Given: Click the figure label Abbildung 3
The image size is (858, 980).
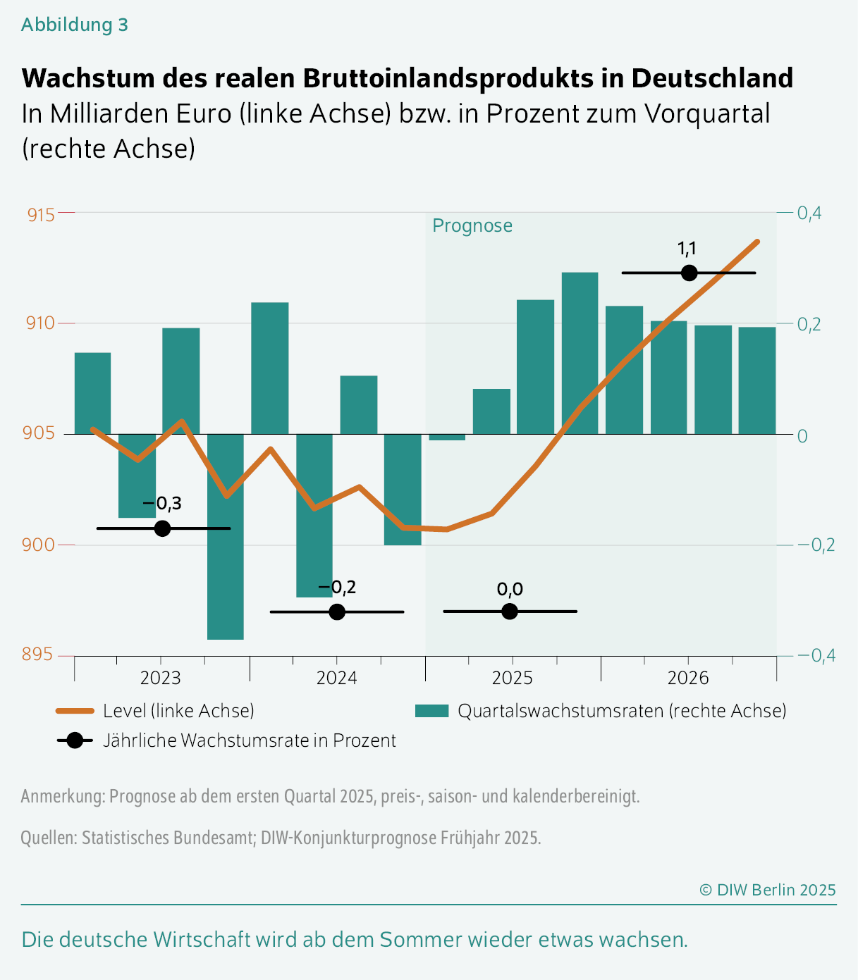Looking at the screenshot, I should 74,25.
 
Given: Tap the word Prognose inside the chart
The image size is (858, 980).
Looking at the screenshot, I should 472,225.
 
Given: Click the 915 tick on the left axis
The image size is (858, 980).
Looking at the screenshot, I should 41,214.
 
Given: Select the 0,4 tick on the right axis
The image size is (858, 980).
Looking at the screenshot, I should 809,213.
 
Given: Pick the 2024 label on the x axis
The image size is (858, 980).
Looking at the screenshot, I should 336,678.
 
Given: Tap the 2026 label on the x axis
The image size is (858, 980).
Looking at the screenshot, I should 688,678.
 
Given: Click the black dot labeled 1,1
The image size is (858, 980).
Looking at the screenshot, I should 689,273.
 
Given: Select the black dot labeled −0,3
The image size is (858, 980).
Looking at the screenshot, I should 162,528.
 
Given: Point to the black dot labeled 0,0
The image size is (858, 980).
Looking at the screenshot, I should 510,612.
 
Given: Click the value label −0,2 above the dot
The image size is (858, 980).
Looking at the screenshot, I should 336,588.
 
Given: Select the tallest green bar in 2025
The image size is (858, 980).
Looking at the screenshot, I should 580,352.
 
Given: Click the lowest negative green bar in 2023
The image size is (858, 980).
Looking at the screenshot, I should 226,535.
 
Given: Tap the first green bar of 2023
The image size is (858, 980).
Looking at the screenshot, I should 92,393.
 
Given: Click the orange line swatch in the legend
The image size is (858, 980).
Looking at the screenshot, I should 75,711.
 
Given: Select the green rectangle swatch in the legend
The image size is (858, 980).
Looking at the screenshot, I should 431,711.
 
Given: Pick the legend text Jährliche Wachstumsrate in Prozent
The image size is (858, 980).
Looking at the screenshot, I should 250,740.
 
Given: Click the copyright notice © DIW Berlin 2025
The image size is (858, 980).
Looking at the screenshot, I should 767,890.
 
